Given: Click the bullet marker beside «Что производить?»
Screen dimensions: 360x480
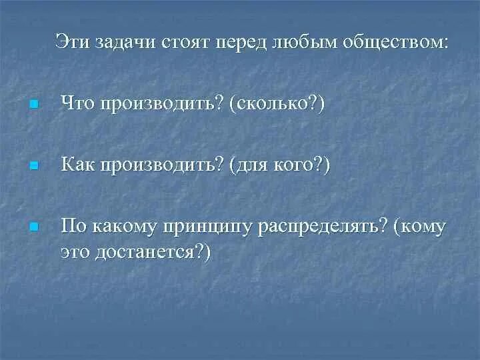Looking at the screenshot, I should coord(34,105).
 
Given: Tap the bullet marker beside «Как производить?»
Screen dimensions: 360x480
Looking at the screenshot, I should coord(34,165).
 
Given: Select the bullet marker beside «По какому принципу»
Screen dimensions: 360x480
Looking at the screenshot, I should coord(34,227).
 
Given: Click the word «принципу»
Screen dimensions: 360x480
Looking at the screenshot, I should coord(206,227).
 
